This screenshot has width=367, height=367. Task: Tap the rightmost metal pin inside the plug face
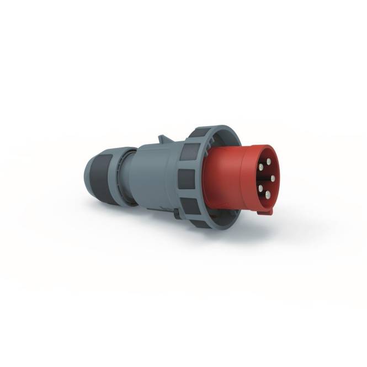pos(273,178)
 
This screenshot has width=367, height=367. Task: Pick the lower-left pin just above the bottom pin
pos(259,187)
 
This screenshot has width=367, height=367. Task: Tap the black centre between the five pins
pos(265,178)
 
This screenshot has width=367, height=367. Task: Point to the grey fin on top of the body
pos(162,139)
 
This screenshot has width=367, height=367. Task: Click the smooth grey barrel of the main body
pos(152,171)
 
